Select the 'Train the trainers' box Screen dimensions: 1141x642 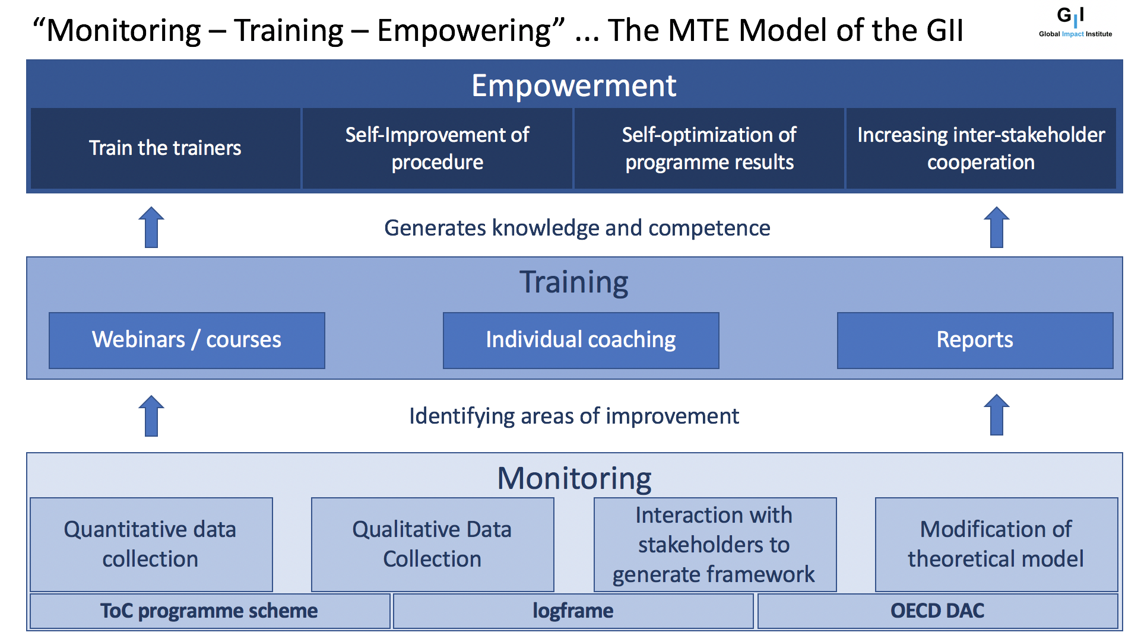click(166, 148)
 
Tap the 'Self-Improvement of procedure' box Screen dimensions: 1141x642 click(438, 148)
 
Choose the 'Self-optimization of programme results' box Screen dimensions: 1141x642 click(709, 148)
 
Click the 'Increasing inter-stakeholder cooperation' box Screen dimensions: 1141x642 click(981, 148)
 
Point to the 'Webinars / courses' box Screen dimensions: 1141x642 click(187, 341)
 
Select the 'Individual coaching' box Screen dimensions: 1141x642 click(581, 341)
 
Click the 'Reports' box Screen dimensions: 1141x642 click(975, 341)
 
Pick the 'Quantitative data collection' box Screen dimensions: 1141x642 click(151, 545)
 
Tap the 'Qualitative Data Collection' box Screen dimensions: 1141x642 click(433, 545)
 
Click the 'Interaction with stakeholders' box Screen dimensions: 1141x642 click(715, 545)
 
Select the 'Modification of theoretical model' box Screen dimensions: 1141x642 click(997, 545)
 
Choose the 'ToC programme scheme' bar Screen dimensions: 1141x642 click(210, 611)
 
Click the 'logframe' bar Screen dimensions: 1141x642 click(573, 611)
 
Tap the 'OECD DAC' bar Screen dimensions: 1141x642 click(938, 611)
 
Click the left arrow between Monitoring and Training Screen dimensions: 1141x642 click(151, 416)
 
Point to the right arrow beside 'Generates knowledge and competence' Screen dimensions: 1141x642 click(997, 227)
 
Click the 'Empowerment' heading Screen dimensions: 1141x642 click(574, 85)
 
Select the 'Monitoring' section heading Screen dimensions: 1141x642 click(574, 478)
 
